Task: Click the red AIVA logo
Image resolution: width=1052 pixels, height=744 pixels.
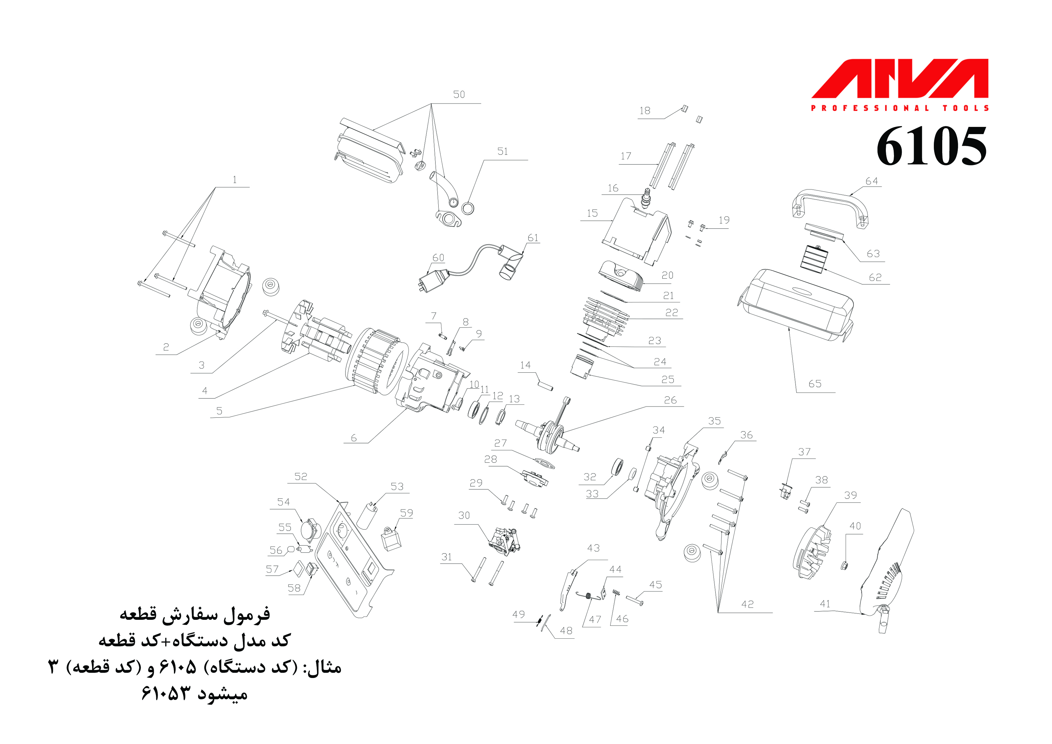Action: (x=899, y=79)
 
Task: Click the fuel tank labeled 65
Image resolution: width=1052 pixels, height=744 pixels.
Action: (x=797, y=305)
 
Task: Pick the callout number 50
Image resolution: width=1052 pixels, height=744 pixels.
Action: (x=459, y=94)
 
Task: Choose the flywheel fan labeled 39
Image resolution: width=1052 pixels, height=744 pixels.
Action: (x=813, y=552)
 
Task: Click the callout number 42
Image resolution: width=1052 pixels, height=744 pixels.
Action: (x=747, y=604)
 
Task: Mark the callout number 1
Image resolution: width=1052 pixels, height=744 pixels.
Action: (x=235, y=180)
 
